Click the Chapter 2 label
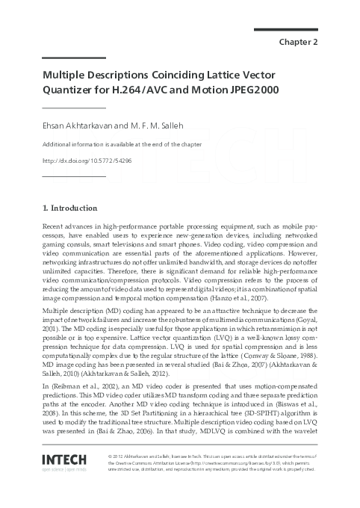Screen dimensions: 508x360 click(x=299, y=42)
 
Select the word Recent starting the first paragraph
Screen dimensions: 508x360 click(x=54, y=225)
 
